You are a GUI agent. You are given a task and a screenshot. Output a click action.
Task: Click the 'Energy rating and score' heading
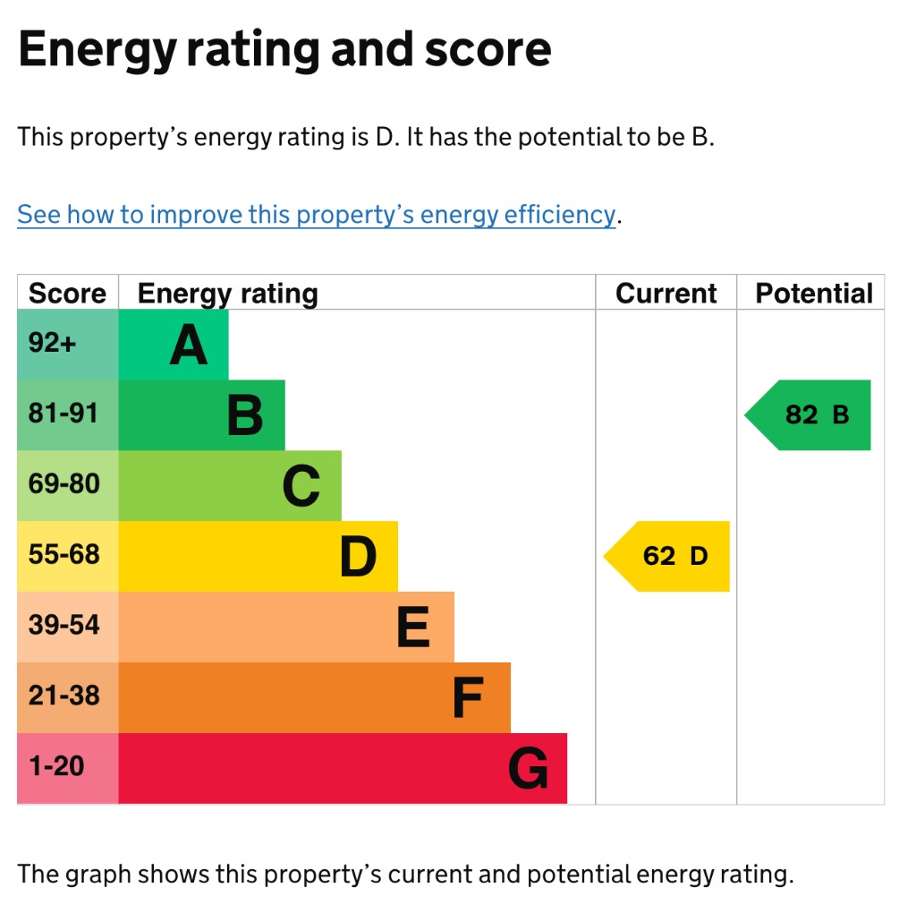pyautogui.click(x=284, y=50)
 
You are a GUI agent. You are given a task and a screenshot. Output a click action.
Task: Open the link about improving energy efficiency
pyautogui.click(x=317, y=215)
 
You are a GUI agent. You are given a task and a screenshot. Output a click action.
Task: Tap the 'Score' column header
pyautogui.click(x=68, y=293)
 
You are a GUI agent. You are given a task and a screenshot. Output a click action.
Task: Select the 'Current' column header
pyautogui.click(x=666, y=293)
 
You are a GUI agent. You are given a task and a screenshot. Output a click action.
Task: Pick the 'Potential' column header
pyautogui.click(x=814, y=293)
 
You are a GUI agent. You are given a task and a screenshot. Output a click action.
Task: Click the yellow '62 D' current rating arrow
pyautogui.click(x=666, y=556)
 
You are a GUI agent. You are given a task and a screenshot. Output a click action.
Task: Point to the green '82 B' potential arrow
pyautogui.click(x=808, y=415)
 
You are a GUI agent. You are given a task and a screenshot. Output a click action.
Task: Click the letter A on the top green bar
pyautogui.click(x=189, y=345)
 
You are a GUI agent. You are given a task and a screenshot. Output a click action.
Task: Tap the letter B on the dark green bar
pyautogui.click(x=245, y=415)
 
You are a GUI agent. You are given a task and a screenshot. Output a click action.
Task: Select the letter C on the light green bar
pyautogui.click(x=301, y=486)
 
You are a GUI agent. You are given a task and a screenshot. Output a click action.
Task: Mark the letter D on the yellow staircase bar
pyautogui.click(x=358, y=557)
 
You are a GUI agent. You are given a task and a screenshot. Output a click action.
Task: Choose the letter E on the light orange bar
pyautogui.click(x=413, y=628)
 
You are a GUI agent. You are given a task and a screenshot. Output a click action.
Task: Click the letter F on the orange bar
pyautogui.click(x=469, y=697)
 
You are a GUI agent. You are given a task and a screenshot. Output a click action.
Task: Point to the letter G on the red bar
pyautogui.click(x=528, y=769)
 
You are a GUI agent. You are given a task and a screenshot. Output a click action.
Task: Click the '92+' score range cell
pyautogui.click(x=68, y=345)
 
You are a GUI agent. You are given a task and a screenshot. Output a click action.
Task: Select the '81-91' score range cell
pyautogui.click(x=68, y=415)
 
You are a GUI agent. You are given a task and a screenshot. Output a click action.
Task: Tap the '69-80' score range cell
pyautogui.click(x=68, y=486)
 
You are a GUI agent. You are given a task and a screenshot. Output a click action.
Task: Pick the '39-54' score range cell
pyautogui.click(x=68, y=628)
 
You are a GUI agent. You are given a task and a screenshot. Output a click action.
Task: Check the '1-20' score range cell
pyautogui.click(x=68, y=769)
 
